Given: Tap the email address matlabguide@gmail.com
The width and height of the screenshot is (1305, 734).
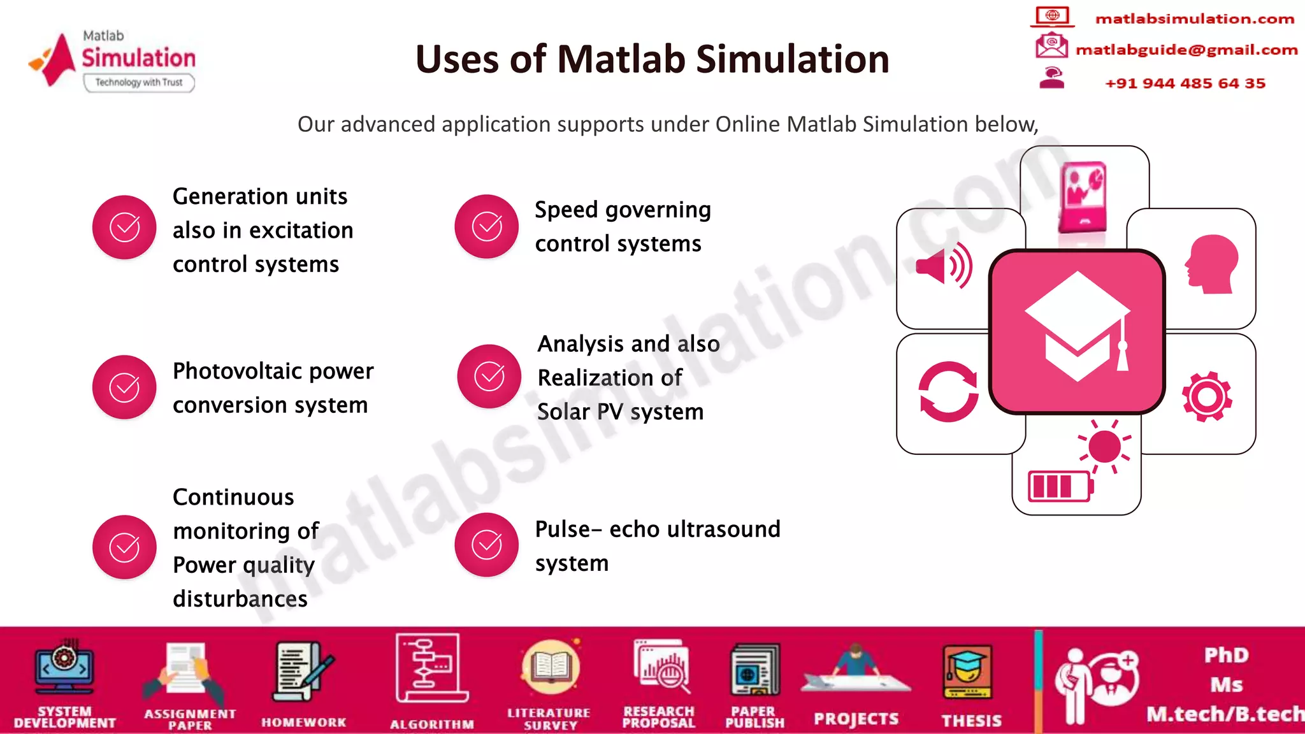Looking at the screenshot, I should pyautogui.click(x=1186, y=50).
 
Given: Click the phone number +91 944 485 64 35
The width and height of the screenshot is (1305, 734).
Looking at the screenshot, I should pyautogui.click(x=1185, y=83).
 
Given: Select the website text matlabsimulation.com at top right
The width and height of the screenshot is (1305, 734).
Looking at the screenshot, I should pyautogui.click(x=1194, y=19).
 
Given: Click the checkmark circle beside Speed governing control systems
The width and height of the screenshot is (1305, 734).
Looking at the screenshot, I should pyautogui.click(x=487, y=227).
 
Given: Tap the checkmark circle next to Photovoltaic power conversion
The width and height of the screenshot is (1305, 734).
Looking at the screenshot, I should pyautogui.click(x=124, y=387).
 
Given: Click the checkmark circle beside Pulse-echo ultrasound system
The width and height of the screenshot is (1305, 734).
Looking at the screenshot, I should pyautogui.click(x=487, y=545).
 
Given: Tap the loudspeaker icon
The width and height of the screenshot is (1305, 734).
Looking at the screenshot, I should pyautogui.click(x=944, y=266).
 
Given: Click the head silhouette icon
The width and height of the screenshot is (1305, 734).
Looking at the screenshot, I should pyautogui.click(x=1211, y=264).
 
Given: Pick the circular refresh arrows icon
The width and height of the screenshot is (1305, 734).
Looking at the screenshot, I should pyautogui.click(x=948, y=391).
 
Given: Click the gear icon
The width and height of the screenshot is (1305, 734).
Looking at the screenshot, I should pyautogui.click(x=1207, y=396).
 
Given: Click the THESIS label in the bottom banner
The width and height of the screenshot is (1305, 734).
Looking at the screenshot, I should pyautogui.click(x=971, y=721).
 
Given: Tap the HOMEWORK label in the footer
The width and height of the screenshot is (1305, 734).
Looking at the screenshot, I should pyautogui.click(x=303, y=723).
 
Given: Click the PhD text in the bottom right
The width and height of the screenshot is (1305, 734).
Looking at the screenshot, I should pyautogui.click(x=1226, y=655).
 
